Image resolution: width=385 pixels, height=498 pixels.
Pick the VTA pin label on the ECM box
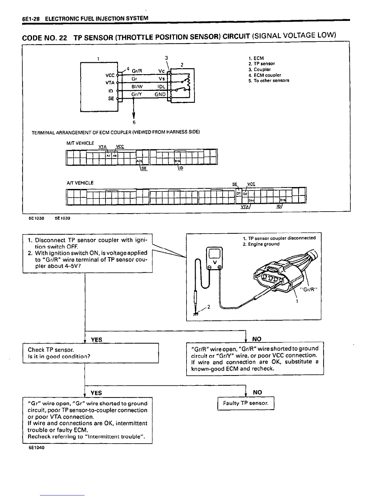point(110,83)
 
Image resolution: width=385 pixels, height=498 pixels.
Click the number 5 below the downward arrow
point(134,122)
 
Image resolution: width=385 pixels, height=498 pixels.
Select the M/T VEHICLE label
point(80,143)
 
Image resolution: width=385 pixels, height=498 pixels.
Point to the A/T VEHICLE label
point(80,183)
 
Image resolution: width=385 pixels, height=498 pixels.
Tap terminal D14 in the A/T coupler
point(251,200)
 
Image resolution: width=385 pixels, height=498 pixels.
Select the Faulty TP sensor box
point(246,403)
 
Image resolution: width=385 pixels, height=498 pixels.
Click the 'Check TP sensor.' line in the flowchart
point(51,350)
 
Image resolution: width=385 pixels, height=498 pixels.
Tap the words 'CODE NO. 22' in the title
point(44,38)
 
